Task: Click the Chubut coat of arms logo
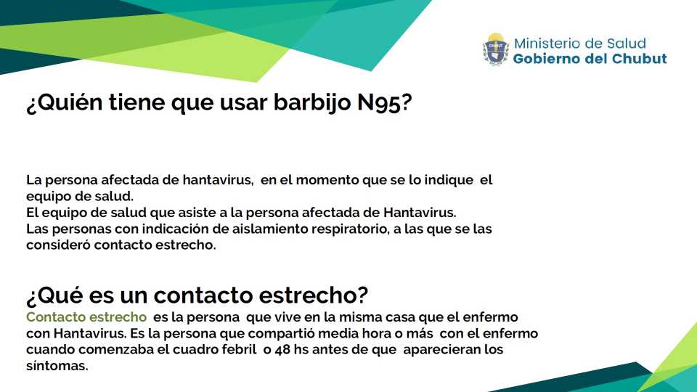point(496,49)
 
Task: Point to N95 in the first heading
point(379,102)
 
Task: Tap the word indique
point(449,180)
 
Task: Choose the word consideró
point(58,245)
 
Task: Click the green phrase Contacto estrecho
point(86,317)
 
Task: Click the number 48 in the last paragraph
point(282,350)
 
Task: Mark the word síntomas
point(57,366)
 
